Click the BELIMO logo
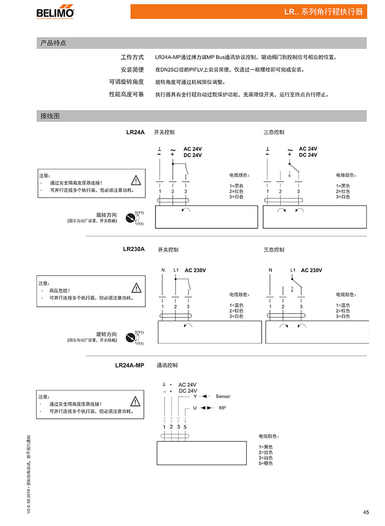55,12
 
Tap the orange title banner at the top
249,12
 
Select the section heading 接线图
50,116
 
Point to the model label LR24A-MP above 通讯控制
129,365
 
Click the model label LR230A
134,249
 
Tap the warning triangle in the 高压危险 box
136,288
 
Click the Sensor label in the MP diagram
223,397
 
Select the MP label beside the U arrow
222,408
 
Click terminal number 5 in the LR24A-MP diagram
185,427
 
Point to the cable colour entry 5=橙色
266,463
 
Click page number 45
366,512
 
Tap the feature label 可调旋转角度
126,82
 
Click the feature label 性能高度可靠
126,94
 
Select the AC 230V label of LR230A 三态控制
311,270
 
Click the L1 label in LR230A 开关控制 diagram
176,270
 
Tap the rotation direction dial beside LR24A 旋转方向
130,218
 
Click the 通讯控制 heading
167,365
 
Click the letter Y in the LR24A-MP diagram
195,397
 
